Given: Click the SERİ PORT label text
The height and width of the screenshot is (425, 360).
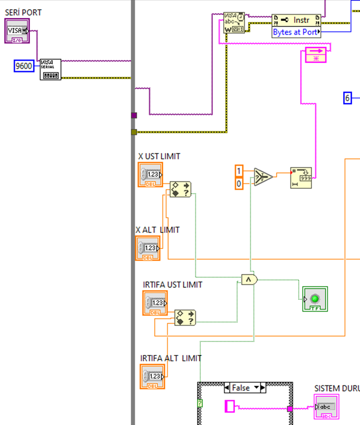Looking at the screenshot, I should tap(23, 12).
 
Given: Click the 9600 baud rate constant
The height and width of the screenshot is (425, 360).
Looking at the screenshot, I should tap(24, 66).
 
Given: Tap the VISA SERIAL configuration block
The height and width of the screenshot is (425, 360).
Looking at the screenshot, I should tap(50, 69).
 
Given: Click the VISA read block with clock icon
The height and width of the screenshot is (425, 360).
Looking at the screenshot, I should tap(234, 23).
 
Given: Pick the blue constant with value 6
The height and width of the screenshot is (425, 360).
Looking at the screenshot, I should tap(347, 98).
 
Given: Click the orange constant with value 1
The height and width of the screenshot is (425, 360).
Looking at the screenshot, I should tap(239, 170).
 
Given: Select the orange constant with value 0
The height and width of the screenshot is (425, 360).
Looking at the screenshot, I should tap(239, 183).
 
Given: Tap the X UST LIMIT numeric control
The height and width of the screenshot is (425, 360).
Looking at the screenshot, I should tap(150, 175).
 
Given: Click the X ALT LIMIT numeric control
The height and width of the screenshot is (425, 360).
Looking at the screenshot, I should tap(148, 248).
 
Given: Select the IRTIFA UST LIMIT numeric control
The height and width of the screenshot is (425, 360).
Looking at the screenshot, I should tap(155, 303).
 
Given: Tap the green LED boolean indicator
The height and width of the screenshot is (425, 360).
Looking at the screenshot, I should tap(315, 299).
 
